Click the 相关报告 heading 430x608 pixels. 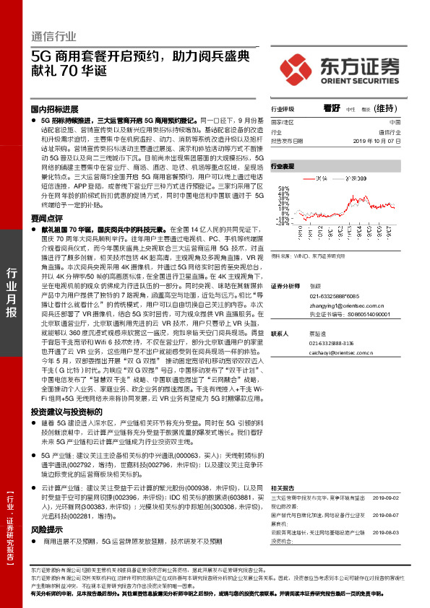[283, 489]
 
